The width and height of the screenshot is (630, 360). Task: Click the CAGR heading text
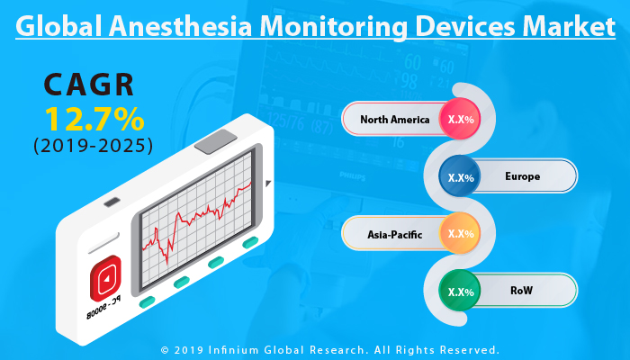(90, 86)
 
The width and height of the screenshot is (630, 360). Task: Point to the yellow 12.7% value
(90, 118)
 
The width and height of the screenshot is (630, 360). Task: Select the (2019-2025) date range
(90, 144)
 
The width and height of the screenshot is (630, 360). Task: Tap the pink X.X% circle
(462, 119)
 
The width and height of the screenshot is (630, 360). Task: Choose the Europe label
(523, 176)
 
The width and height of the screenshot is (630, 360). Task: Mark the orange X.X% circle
(462, 234)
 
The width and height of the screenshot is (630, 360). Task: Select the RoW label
(522, 292)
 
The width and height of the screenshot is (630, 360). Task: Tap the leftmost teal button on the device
(147, 299)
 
